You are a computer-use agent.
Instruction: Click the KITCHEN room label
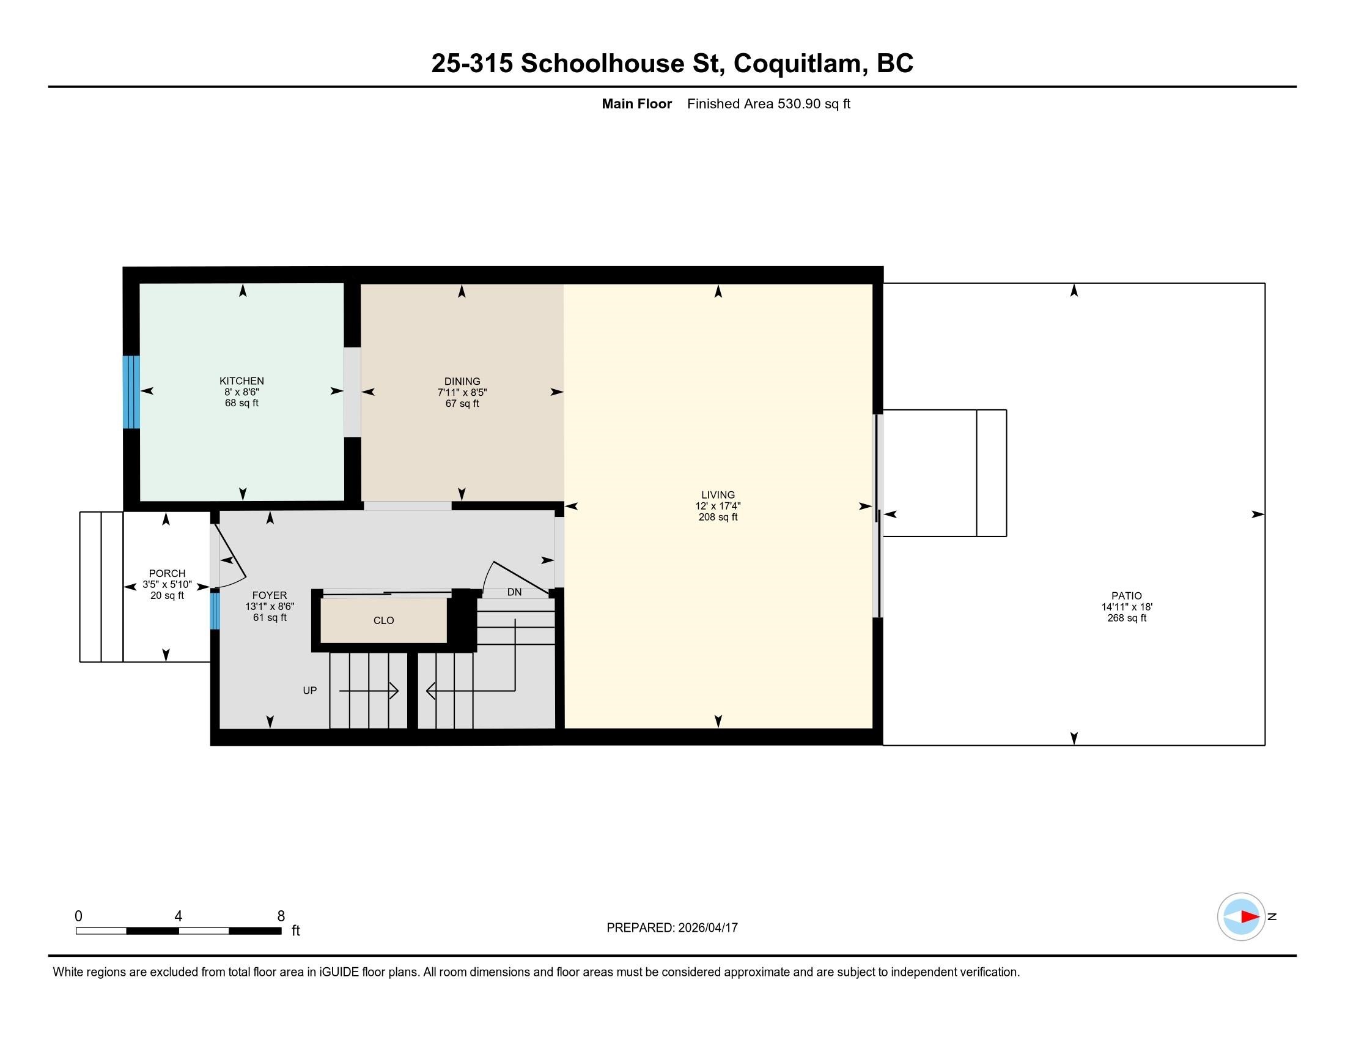pyautogui.click(x=241, y=381)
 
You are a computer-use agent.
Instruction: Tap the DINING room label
pyautogui.click(x=462, y=381)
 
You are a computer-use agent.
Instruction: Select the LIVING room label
pyautogui.click(x=718, y=495)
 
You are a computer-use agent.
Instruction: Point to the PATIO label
pyautogui.click(x=1126, y=596)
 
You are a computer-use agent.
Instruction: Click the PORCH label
pyautogui.click(x=167, y=574)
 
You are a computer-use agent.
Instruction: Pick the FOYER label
pyautogui.click(x=270, y=595)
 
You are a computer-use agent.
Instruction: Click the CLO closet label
pyautogui.click(x=384, y=620)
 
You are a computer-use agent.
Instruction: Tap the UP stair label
pyautogui.click(x=310, y=691)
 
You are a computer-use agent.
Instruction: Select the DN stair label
pyautogui.click(x=514, y=592)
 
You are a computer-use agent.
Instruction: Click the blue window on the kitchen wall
pyautogui.click(x=131, y=392)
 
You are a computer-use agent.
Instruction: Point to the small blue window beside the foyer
pyautogui.click(x=215, y=611)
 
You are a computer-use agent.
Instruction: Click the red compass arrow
pyautogui.click(x=1250, y=917)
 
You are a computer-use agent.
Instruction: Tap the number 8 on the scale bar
pyautogui.click(x=281, y=916)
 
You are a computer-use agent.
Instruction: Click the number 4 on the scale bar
pyautogui.click(x=178, y=916)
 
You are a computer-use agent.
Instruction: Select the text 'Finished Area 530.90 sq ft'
pyautogui.click(x=768, y=104)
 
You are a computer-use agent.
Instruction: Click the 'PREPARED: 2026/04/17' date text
pyautogui.click(x=672, y=927)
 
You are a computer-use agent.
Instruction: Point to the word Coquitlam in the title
pyautogui.click(x=797, y=64)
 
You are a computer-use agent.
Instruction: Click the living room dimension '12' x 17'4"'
pyautogui.click(x=718, y=506)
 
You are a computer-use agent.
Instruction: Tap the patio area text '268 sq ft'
pyautogui.click(x=1126, y=618)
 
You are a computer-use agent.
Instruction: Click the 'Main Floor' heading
pyautogui.click(x=637, y=104)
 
